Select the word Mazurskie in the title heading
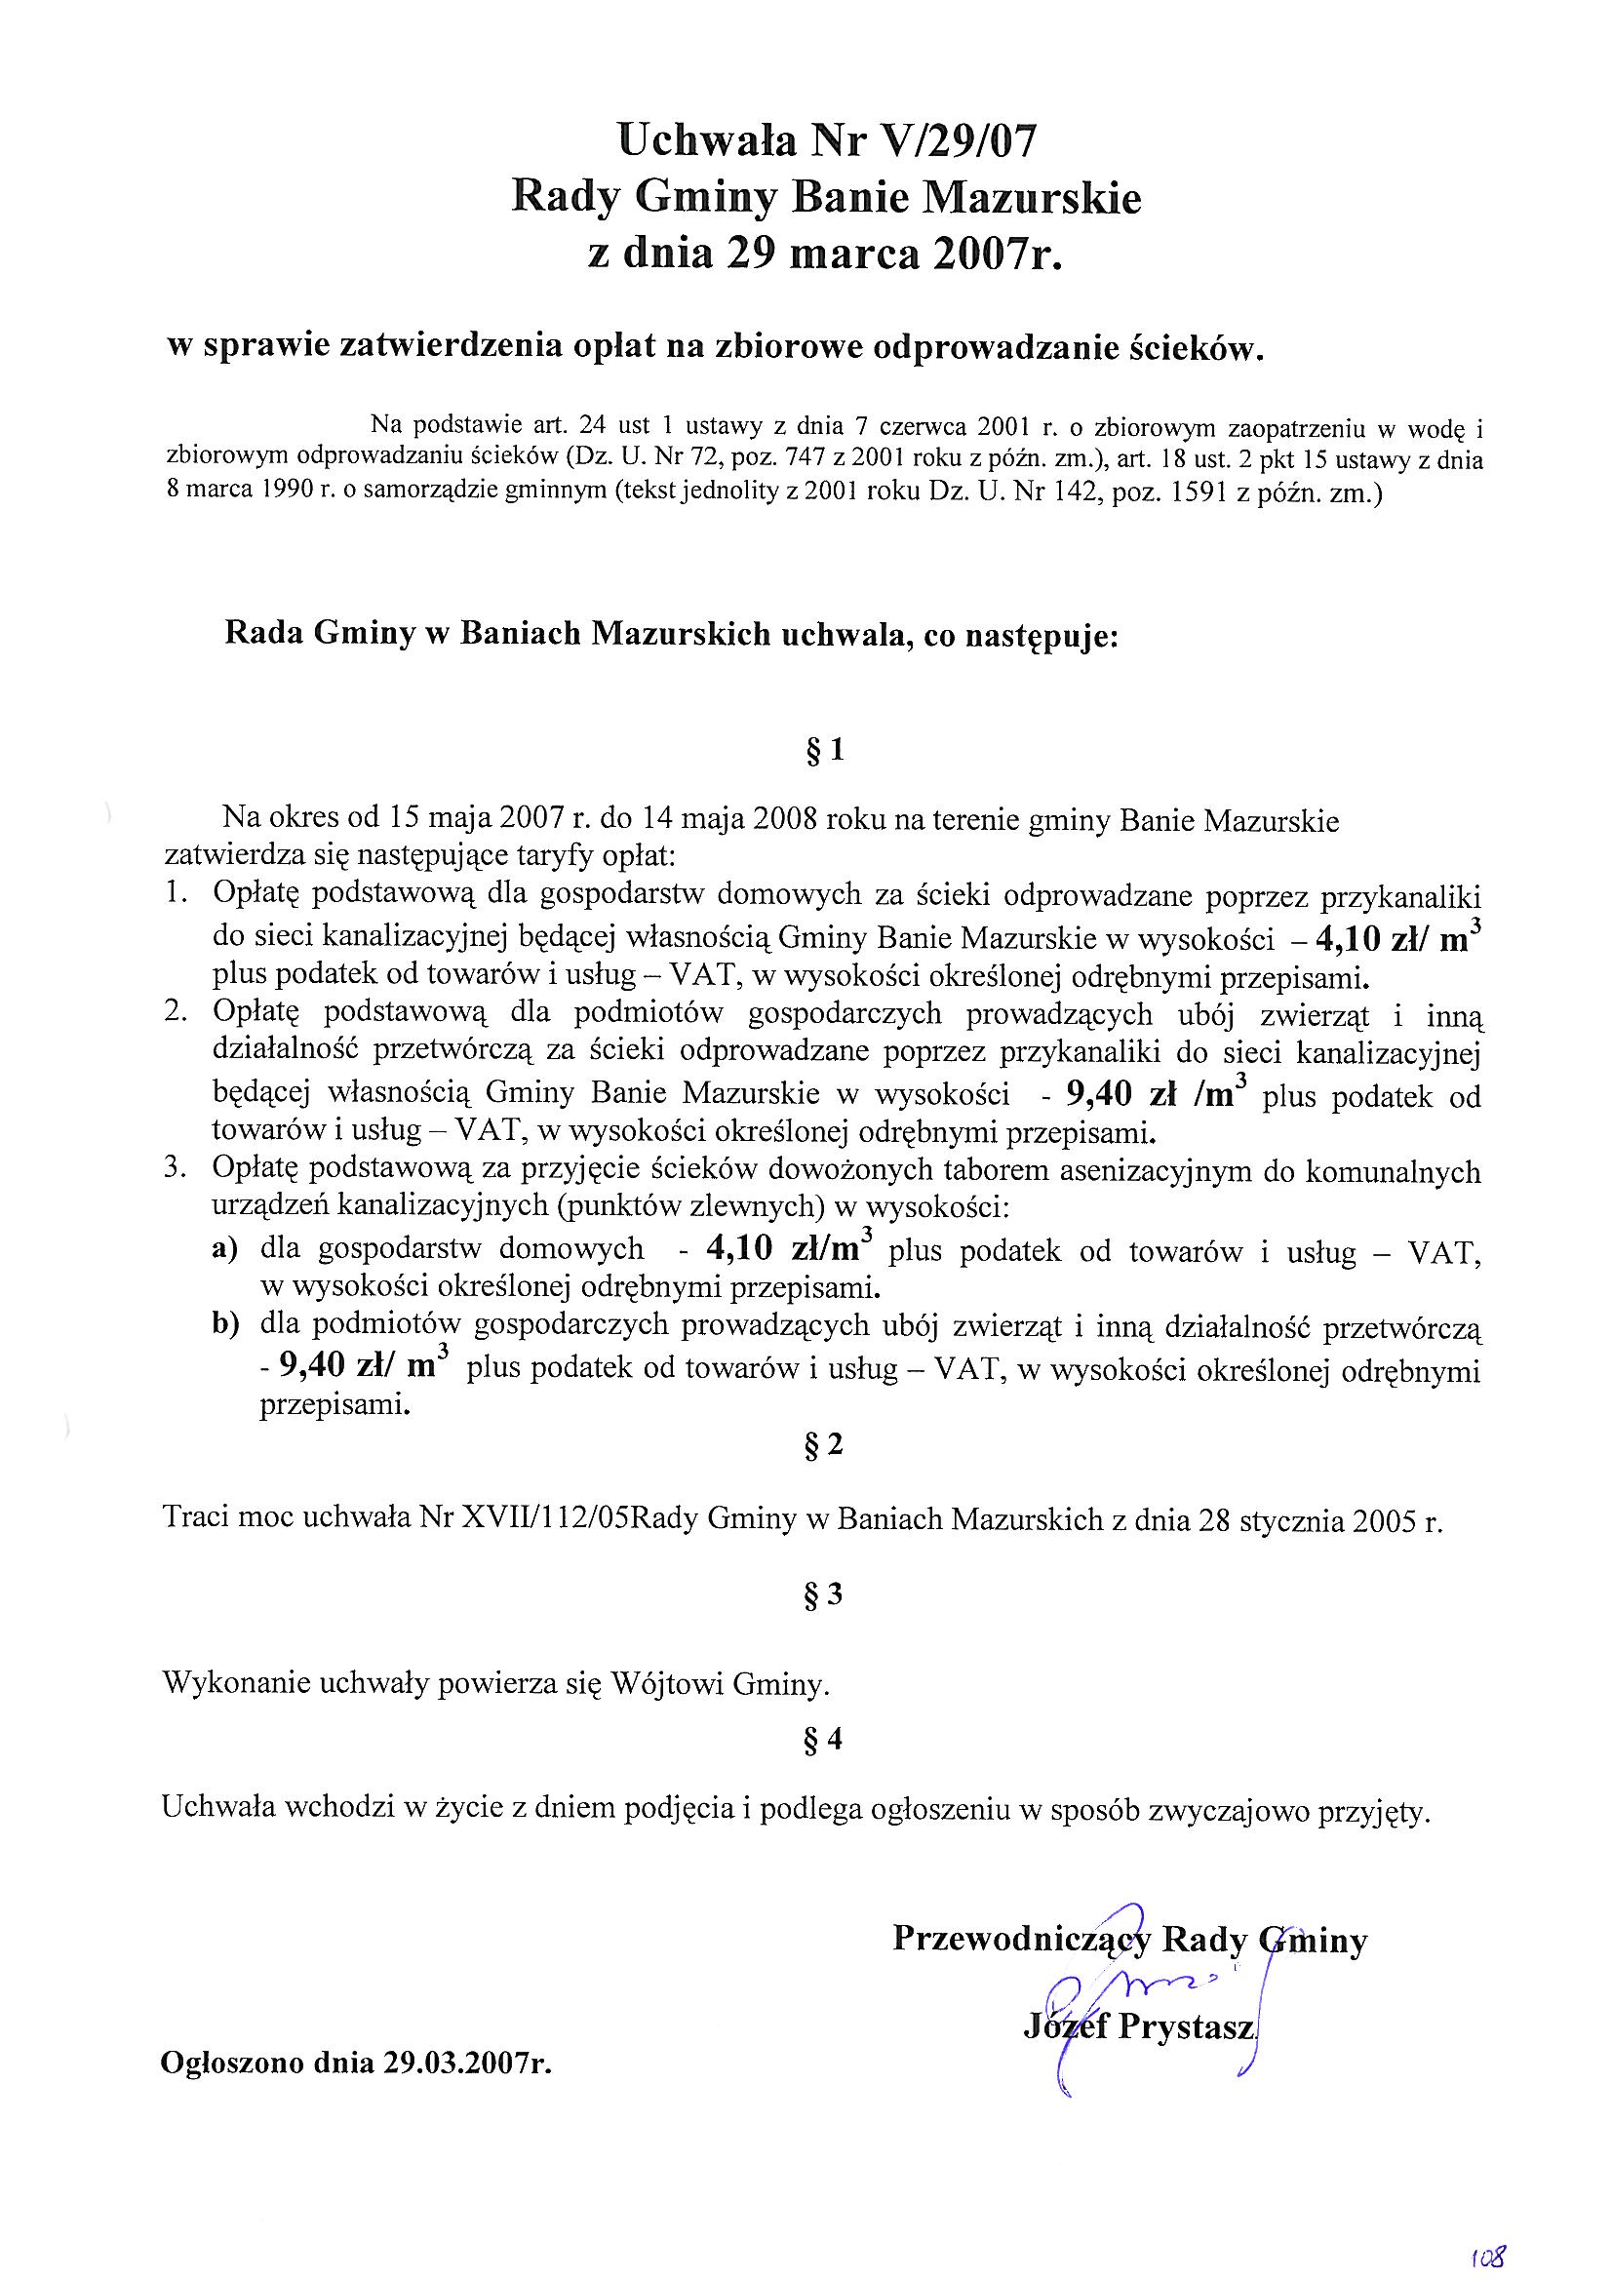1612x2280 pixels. (x=1033, y=198)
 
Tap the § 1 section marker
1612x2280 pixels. (x=825, y=752)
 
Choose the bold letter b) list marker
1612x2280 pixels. (x=225, y=1326)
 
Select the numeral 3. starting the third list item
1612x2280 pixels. (x=176, y=1170)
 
